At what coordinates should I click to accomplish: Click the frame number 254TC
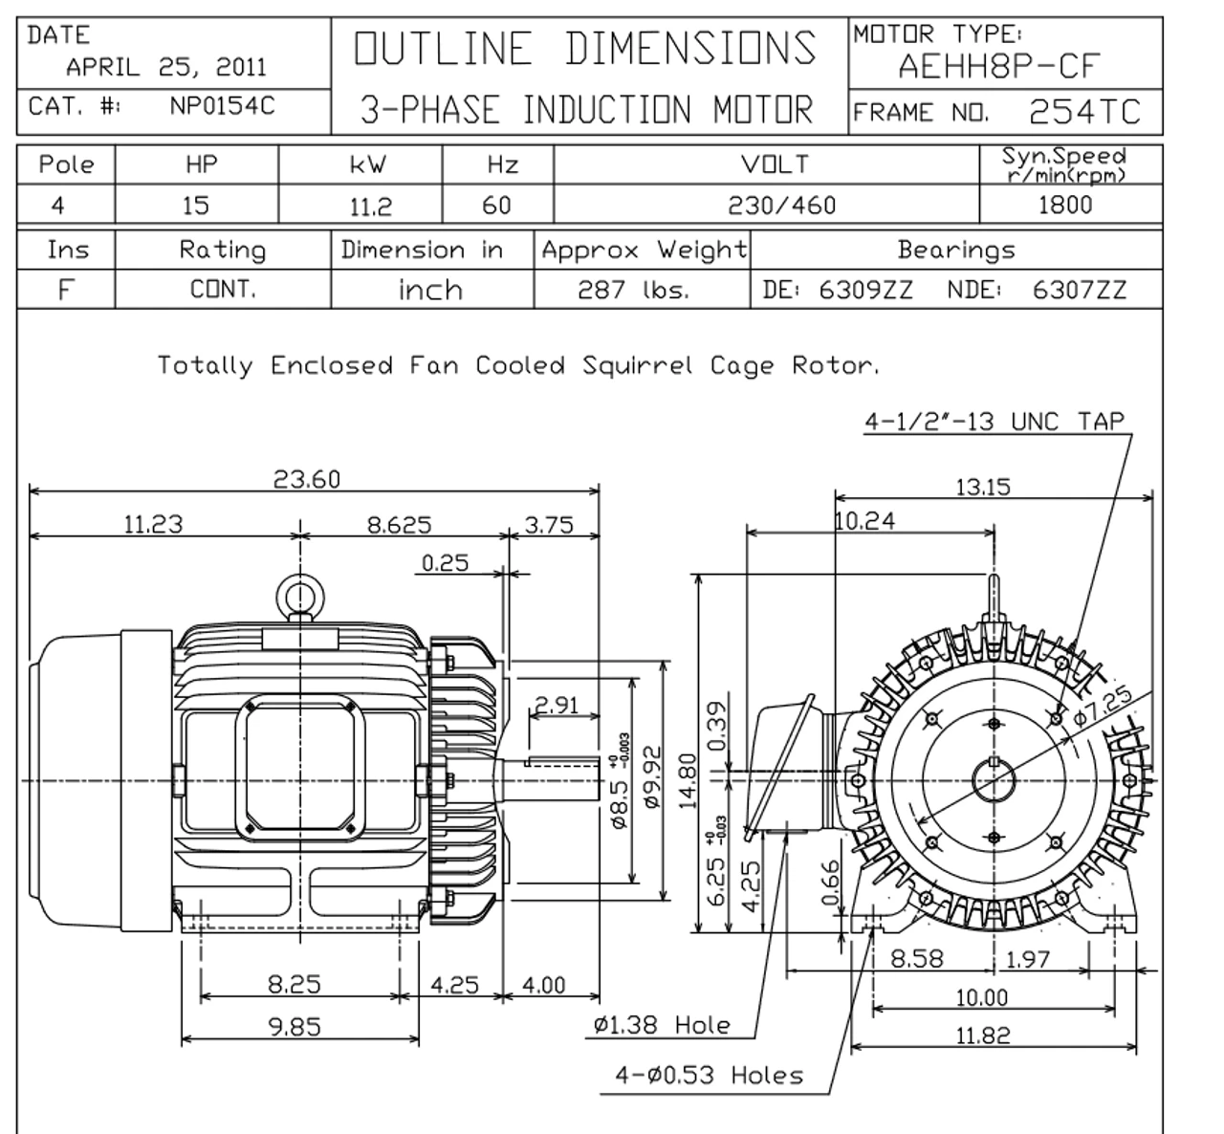pos(1084,113)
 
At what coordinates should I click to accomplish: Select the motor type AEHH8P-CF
pos(999,67)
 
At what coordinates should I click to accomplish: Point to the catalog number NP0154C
pos(222,106)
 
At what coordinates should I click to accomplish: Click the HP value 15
pos(195,206)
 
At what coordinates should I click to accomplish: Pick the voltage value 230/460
pos(781,206)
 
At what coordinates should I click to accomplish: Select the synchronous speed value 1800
pos(1064,206)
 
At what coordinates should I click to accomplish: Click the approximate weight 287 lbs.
pos(633,290)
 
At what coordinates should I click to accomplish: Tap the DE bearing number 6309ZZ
pos(865,290)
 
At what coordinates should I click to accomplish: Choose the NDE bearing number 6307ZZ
pos(1080,290)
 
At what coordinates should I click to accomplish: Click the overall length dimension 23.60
pos(307,479)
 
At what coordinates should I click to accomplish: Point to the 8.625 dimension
pos(400,525)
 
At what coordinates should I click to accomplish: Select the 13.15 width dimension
pos(983,487)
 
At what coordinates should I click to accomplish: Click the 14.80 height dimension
pos(687,779)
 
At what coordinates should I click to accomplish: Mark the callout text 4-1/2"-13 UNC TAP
pos(994,421)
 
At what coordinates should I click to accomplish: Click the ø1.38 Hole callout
pos(661,1026)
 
